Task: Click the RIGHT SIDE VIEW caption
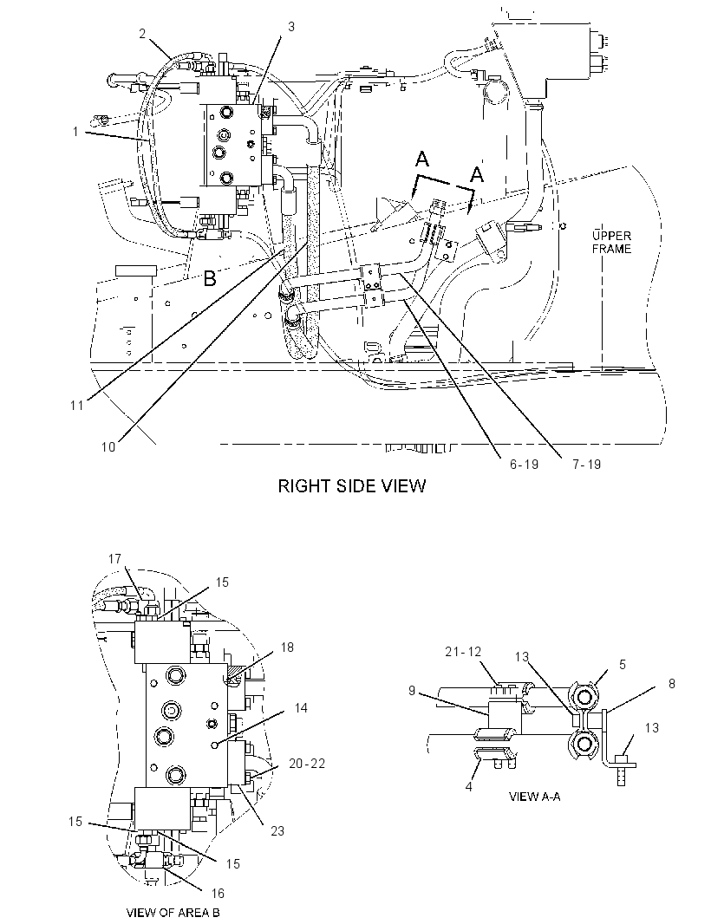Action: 351,485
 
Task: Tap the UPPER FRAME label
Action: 611,242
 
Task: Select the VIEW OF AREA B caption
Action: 173,913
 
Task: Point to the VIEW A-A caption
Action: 534,797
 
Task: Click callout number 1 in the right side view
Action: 75,132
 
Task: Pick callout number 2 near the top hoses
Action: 142,34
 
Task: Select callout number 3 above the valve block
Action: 291,27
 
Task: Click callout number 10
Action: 108,446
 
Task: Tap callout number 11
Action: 76,406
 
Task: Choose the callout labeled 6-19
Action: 524,465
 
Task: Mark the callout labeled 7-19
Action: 587,465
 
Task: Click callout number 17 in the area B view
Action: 115,558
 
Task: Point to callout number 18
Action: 286,647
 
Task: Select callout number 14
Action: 301,707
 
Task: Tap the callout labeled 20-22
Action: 307,763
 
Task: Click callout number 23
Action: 277,830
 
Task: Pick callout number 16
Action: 218,894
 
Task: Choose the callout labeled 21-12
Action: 463,651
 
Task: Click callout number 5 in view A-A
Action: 622,664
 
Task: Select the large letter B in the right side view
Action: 209,279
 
